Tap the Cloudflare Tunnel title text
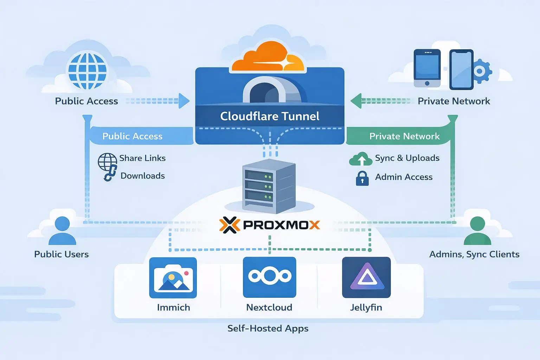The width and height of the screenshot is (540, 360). point(270,116)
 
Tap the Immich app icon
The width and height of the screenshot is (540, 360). point(173,277)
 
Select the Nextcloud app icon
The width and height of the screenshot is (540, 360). point(269,277)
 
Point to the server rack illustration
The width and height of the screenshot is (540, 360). point(269,186)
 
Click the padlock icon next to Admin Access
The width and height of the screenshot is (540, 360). point(362,178)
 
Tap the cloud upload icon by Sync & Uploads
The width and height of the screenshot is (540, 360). point(361,159)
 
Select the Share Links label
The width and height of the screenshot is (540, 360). point(142,158)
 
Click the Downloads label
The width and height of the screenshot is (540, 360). point(142,176)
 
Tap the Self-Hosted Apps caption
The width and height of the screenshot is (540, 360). point(268,328)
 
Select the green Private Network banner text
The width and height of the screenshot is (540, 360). point(404,136)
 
